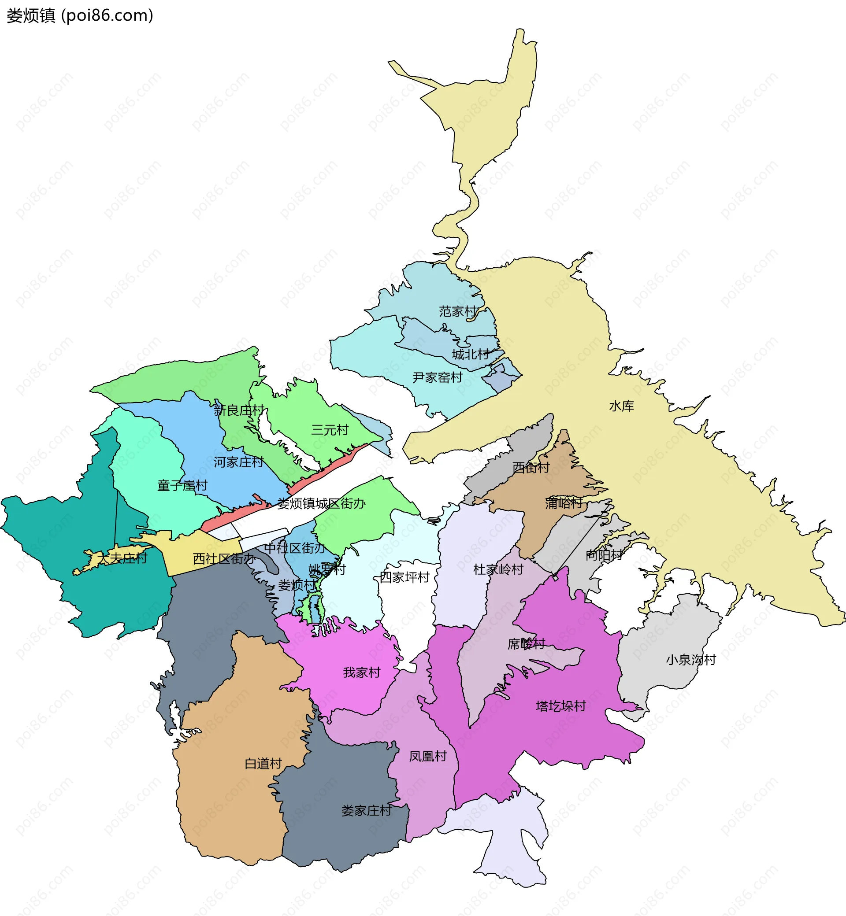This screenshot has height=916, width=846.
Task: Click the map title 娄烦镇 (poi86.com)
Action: tap(80, 15)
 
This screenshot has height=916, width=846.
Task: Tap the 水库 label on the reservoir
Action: tap(621, 406)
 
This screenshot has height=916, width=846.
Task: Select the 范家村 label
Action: tap(457, 312)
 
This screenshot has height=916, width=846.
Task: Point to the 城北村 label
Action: tap(470, 354)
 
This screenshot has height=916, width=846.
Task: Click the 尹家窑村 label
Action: tap(437, 377)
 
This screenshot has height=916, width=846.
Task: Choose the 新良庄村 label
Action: tap(238, 410)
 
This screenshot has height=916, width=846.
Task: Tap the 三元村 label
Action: tap(330, 430)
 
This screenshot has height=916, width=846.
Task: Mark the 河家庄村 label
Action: tap(238, 462)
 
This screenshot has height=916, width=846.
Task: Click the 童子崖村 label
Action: tap(182, 485)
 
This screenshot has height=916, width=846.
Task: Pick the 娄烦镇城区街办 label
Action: tap(321, 504)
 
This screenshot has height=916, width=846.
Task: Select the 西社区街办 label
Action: tap(223, 559)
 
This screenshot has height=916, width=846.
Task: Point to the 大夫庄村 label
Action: tap(122, 558)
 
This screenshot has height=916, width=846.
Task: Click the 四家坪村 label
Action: tap(404, 577)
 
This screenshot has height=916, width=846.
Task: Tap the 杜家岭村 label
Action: tap(498, 570)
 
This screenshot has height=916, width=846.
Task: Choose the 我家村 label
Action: tap(362, 672)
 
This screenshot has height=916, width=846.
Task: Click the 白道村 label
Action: tap(263, 764)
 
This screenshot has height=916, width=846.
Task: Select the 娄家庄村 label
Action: tap(366, 811)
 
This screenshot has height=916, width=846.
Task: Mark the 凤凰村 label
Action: tap(427, 756)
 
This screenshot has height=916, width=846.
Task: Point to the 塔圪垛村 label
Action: tap(561, 706)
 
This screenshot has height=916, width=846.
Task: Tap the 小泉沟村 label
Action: tap(691, 660)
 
